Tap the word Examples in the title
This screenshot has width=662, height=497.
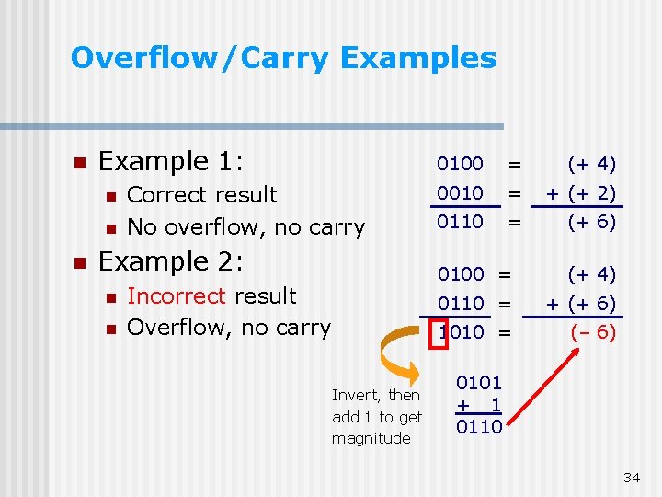(418, 58)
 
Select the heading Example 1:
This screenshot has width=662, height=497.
(171, 161)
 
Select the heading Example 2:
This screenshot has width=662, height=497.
(171, 261)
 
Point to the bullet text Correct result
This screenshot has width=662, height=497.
(201, 194)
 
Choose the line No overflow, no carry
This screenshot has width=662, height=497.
(245, 226)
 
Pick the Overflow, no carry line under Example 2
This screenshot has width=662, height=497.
(228, 328)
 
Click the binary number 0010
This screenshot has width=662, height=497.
(460, 192)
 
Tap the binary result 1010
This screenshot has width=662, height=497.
(462, 331)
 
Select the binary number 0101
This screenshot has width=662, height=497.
(479, 382)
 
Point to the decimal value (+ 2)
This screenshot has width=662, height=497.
(591, 192)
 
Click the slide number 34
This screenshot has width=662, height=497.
(631, 477)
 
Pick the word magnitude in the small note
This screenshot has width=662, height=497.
(371, 438)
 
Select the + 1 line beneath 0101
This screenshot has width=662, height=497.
(479, 404)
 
